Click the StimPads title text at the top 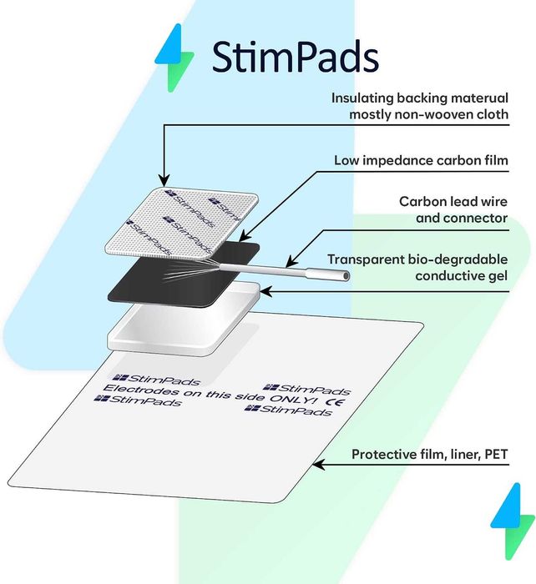[296, 57]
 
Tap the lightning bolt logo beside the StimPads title [174, 58]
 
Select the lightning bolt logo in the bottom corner [513, 521]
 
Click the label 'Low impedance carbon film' [421, 160]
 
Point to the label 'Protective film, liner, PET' [429, 454]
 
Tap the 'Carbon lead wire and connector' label [453, 209]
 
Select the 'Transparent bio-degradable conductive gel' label [417, 268]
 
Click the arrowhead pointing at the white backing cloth [164, 180]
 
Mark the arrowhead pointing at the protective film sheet [318, 465]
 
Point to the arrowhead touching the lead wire [291, 260]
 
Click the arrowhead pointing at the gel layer [265, 291]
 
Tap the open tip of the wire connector [346, 275]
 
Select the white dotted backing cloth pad [181, 224]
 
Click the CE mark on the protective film [335, 402]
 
